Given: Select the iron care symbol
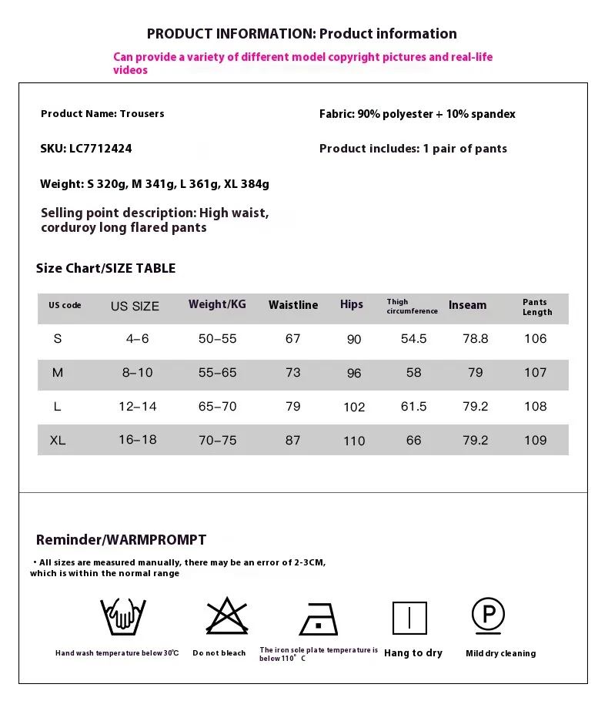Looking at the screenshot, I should tap(319, 618).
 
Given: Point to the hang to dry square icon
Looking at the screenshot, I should tap(409, 618).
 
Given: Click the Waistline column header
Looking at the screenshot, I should tap(293, 305).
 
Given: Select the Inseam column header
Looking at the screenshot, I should tap(468, 305).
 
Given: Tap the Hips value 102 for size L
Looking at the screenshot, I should tap(354, 407).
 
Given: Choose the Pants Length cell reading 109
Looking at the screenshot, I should tap(535, 441).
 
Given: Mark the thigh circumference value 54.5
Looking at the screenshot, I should tap(413, 339).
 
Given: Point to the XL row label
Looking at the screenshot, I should tap(58, 441).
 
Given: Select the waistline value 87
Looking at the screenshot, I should tap(293, 441).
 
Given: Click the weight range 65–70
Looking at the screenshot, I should tap(218, 407).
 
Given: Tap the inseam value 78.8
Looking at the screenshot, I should tap(476, 339).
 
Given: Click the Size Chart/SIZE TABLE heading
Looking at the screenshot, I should tap(105, 268).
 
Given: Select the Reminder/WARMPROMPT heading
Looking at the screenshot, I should tap(121, 540).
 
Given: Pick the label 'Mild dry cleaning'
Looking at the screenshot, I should tap(500, 653).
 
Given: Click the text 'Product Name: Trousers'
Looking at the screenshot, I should tap(102, 114).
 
